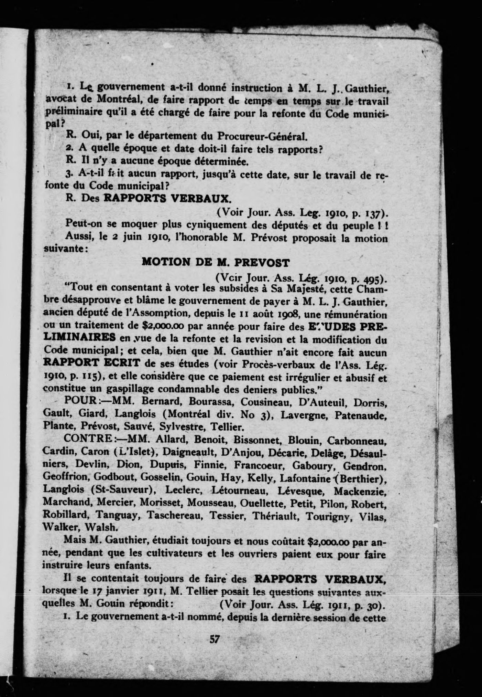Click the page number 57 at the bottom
point(215,640)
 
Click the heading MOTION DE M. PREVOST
point(216,263)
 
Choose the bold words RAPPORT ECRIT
point(92,363)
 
